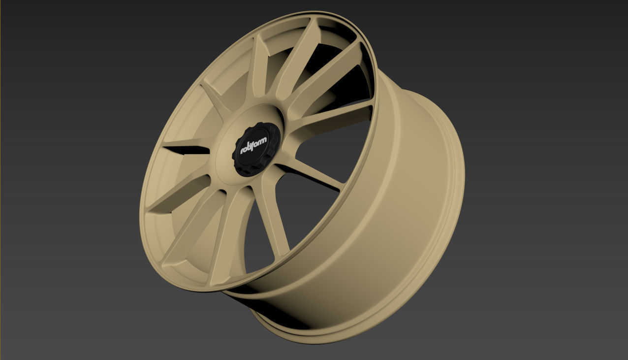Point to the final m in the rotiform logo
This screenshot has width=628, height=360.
(264, 141)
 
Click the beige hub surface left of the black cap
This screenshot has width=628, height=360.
(224, 148)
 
